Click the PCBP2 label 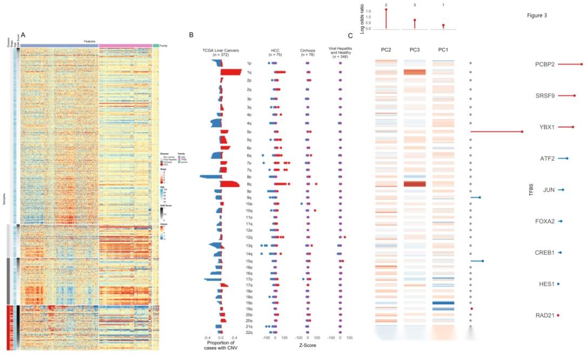(545, 64)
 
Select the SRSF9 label (545, 96)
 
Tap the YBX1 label (547, 127)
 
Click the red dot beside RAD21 (558, 315)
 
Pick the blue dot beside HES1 (558, 284)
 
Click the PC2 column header (386, 50)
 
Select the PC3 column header (415, 50)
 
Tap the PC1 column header (443, 50)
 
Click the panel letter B (191, 35)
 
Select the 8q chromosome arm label (248, 184)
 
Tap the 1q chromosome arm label (248, 72)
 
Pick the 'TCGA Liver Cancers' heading (220, 50)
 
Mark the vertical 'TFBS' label (530, 190)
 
